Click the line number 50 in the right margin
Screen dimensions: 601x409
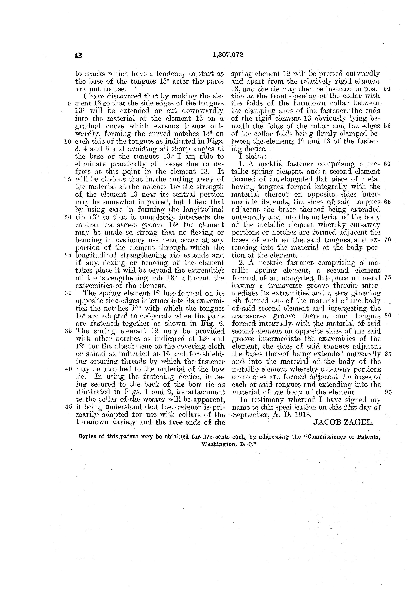(387, 89)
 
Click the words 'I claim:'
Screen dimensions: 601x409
(252, 156)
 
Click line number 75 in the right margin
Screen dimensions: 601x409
(387, 278)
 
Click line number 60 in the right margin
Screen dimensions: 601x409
(387, 164)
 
